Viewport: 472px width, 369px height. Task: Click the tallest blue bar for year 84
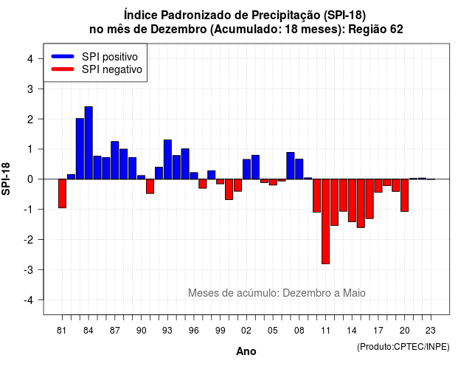pos(88,142)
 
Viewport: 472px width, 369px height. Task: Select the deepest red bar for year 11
pos(325,221)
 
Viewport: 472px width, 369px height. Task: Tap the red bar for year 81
pos(62,193)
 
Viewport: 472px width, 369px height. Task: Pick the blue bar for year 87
pos(115,160)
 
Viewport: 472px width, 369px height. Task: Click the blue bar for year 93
pos(167,159)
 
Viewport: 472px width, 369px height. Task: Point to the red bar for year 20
pos(405,195)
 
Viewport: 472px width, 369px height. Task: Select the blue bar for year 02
pos(246,169)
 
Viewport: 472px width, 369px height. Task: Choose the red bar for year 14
pos(352,200)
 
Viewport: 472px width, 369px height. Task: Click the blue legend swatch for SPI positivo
pos(63,56)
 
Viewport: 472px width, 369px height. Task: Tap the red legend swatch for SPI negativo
pos(63,69)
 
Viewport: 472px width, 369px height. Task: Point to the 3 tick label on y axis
pos(30,89)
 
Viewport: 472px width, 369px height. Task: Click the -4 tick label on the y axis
pos(29,300)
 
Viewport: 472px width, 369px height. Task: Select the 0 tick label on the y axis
pos(30,179)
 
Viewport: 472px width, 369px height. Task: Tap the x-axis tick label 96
pos(194,331)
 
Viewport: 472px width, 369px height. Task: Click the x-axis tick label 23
pos(431,331)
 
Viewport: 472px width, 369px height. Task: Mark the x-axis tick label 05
pos(273,331)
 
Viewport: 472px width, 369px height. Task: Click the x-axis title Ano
pos(246,351)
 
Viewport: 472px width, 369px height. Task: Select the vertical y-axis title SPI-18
pos(6,179)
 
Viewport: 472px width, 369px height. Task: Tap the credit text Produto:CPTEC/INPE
pos(403,347)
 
